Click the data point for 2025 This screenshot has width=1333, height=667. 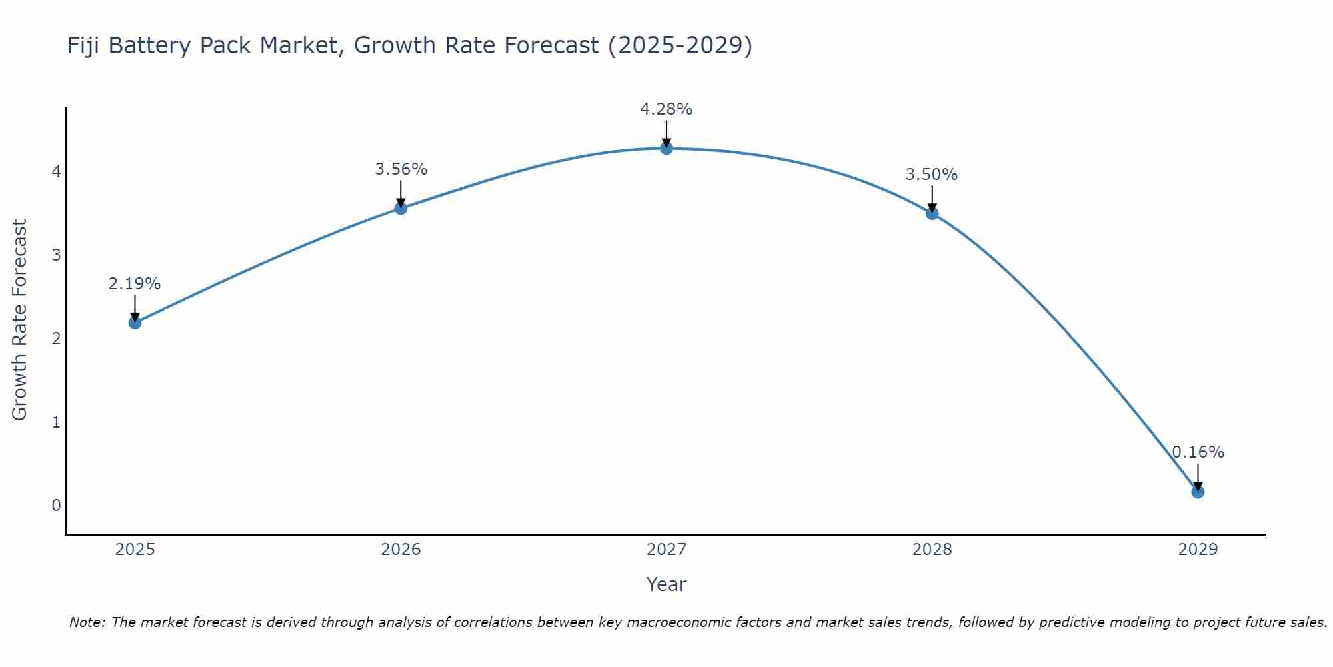click(135, 323)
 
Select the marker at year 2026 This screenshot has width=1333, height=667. click(401, 208)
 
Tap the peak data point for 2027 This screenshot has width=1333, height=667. click(666, 148)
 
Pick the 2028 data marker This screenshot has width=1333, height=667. click(932, 213)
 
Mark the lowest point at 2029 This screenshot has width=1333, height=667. click(1198, 492)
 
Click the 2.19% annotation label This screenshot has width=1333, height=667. click(135, 284)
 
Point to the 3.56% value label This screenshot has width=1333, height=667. click(401, 169)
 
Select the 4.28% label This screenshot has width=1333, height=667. click(666, 109)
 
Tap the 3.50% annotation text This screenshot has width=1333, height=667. click(932, 175)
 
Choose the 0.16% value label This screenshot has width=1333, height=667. click(1198, 452)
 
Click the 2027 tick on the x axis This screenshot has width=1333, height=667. click(666, 550)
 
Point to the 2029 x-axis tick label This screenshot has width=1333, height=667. click(1198, 550)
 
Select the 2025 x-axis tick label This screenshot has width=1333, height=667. click(135, 550)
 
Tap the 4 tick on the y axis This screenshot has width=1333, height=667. click(56, 172)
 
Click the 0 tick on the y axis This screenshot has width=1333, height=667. click(56, 505)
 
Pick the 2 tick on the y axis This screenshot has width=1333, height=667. click(56, 338)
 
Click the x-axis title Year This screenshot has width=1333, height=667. click(666, 584)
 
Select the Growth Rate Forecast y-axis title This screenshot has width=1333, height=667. click(20, 320)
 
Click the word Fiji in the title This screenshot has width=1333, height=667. click(84, 45)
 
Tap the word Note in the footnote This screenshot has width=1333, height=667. click(87, 622)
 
